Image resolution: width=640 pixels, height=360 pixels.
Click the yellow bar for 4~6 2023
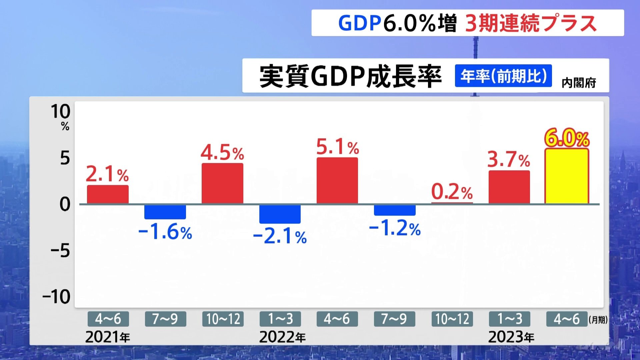[567, 177]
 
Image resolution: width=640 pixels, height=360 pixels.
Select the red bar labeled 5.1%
[337, 181]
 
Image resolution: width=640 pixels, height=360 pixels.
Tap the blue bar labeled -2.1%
[280, 214]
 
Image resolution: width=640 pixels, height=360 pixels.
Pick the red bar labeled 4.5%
[222, 183]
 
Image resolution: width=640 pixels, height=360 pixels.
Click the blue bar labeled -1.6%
[165, 212]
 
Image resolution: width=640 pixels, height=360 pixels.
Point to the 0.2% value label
[452, 192]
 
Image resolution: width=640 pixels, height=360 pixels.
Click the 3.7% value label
[509, 159]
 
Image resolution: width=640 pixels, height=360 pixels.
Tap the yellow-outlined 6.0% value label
[567, 138]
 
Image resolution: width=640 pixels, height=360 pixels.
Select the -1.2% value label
[395, 229]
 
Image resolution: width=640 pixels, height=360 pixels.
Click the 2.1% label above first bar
[107, 174]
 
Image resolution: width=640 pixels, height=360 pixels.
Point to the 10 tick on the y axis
[60, 112]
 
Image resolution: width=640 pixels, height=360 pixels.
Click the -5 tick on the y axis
[60, 251]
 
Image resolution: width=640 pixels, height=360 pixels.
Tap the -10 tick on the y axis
[57, 297]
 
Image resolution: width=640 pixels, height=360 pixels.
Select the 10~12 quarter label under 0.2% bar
[452, 319]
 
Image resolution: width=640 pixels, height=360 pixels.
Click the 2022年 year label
[282, 337]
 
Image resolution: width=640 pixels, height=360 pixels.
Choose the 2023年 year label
[511, 337]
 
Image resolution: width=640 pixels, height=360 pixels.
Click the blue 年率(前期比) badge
[503, 76]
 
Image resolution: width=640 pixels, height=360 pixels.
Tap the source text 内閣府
[579, 83]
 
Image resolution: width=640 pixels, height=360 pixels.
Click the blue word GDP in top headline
[359, 23]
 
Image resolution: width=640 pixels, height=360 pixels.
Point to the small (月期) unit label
[598, 320]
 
